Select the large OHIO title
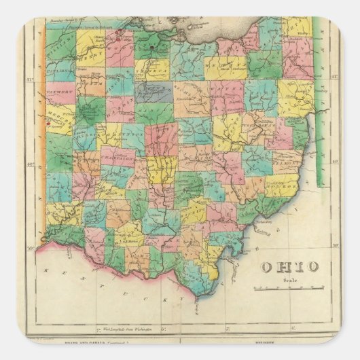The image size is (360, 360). (x=289, y=267)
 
